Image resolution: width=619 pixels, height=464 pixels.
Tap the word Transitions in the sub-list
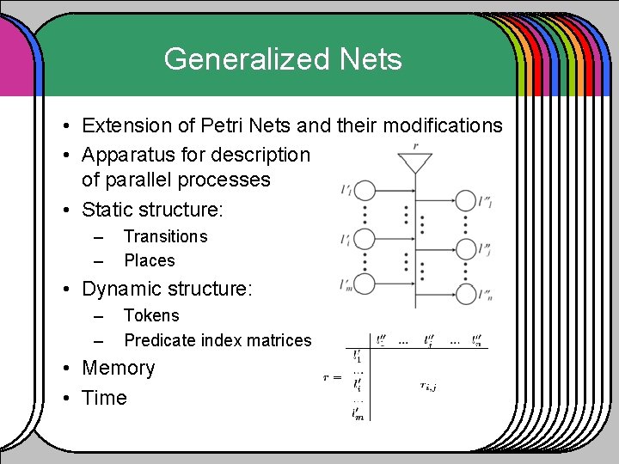pos(165,236)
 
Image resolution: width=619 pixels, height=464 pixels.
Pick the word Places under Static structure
pos(149,260)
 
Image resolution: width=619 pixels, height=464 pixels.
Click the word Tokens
pos(151,315)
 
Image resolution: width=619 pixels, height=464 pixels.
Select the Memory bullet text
pos(118,369)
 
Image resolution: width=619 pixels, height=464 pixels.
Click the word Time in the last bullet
pos(104,398)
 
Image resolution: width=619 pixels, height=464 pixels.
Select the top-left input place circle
pos(365,191)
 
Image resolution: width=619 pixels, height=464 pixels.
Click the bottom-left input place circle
pos(365,285)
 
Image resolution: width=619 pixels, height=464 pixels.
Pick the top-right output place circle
pos(467,201)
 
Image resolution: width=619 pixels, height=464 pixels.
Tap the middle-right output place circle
pos(467,248)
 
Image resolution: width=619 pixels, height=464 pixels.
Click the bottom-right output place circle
pos(467,295)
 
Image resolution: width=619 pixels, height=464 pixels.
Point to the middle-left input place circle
pos(365,238)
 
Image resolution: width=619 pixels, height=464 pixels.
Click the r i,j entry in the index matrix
pos(426,386)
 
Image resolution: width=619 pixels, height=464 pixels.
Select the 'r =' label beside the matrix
pos(331,377)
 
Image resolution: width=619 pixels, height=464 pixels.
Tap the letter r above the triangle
pos(415,147)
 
